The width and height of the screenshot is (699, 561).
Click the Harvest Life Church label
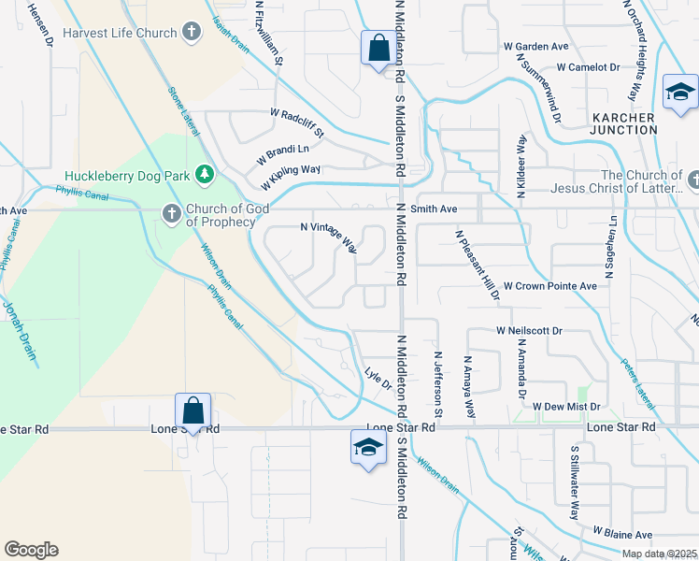121,34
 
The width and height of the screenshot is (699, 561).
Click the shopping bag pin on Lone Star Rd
193,410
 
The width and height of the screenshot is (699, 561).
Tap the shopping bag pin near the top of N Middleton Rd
378,49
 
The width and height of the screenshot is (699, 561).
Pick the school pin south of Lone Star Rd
368,447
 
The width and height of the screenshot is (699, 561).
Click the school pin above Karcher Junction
680,92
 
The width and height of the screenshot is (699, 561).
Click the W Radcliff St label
296,122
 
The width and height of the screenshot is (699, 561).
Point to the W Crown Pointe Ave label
549,285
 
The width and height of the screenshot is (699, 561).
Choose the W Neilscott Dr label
529,331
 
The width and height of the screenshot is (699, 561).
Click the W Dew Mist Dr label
565,407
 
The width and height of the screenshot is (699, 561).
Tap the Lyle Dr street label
376,374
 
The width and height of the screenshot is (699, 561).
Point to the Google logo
31,550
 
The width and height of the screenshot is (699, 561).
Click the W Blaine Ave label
621,534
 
